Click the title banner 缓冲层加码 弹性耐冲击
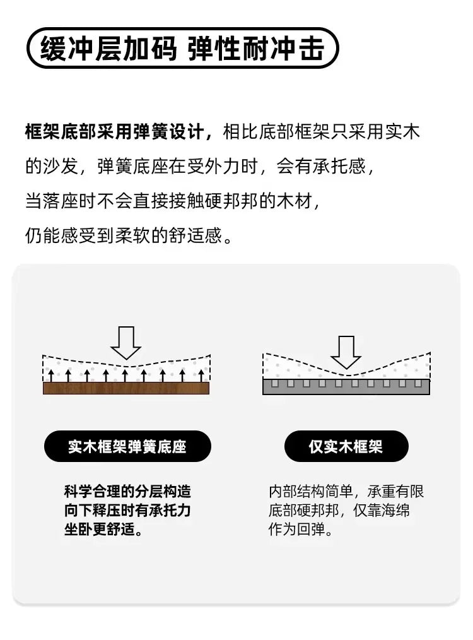(x=183, y=48)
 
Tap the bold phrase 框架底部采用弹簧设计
(x=115, y=132)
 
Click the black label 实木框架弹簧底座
(x=127, y=446)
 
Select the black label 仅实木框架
(x=346, y=446)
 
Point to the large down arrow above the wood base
(x=126, y=343)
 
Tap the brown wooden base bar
(x=126, y=388)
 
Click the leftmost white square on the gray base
(x=275, y=383)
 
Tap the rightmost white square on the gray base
(x=418, y=383)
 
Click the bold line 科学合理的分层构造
(x=127, y=492)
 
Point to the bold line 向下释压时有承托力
(x=127, y=510)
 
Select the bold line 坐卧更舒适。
(x=104, y=530)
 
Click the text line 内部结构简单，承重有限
(x=346, y=492)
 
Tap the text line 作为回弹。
(x=301, y=530)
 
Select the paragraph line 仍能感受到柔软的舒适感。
(x=129, y=235)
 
